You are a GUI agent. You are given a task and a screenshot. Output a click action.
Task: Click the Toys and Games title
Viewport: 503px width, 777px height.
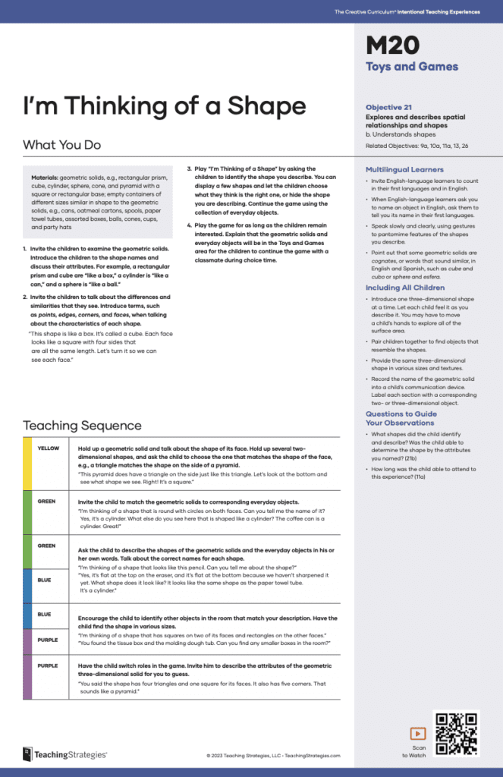coord(412,67)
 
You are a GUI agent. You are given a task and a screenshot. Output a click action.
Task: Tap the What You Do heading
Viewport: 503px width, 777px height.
coord(61,144)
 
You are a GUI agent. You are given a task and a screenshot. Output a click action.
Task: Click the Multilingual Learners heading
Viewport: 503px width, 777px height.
coord(404,169)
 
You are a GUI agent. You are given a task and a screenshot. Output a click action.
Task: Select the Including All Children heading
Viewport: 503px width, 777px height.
coord(405,288)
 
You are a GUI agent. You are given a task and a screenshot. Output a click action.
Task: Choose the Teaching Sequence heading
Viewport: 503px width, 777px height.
coord(82,425)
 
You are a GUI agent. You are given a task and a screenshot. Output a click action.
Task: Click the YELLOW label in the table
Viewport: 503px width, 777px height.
coord(49,448)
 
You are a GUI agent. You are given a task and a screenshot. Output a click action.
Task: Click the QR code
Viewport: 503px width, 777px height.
coord(456,733)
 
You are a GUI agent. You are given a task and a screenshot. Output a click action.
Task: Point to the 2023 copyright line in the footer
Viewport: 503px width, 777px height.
coord(273,756)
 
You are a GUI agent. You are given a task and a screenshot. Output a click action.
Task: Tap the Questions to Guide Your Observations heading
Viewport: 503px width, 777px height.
coord(401,418)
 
